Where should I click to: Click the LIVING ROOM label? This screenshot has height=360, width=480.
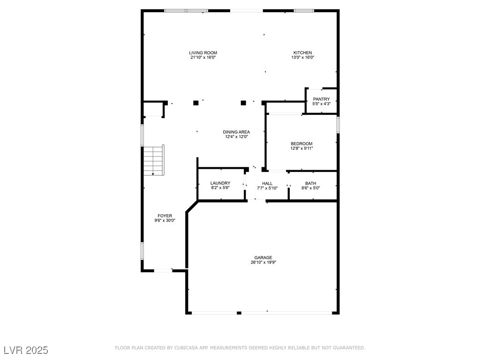click(203, 52)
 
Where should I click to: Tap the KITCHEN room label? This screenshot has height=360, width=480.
click(303, 52)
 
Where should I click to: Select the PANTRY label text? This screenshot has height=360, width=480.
click(322, 99)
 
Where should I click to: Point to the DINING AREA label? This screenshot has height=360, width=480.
click(236, 132)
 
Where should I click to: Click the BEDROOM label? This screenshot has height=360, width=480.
click(301, 143)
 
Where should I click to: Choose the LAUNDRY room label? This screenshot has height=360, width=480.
click(220, 183)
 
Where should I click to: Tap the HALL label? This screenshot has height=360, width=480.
click(267, 183)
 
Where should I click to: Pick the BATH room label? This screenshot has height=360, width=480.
click(311, 183)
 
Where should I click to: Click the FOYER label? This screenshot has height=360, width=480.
click(165, 216)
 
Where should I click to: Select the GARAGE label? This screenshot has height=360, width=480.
click(263, 258)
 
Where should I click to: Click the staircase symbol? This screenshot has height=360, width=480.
click(154, 160)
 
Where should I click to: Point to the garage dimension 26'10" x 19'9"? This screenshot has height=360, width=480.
click(263, 262)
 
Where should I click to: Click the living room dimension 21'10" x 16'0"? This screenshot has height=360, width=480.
click(203, 57)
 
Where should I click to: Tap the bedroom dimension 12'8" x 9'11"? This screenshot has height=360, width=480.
click(301, 149)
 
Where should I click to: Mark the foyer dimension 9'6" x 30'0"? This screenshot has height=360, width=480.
click(165, 220)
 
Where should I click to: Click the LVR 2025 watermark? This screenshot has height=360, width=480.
click(26, 350)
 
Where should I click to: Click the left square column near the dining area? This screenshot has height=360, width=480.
click(196, 103)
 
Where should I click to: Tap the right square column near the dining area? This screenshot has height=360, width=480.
click(243, 103)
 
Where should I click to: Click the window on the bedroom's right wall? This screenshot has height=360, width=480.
click(338, 124)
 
